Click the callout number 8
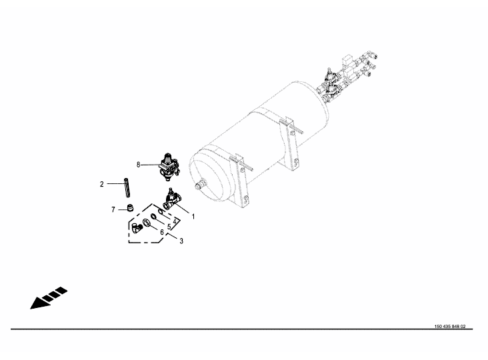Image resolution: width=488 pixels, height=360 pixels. click(138, 165)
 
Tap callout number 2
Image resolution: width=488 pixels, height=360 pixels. click(102, 184)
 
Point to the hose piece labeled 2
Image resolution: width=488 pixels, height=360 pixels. click(127, 187)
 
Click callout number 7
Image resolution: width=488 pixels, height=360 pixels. click(113, 210)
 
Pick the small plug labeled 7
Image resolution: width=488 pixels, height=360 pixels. click(131, 207)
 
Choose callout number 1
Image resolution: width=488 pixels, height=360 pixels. click(193, 217)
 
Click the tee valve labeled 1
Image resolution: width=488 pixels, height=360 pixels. click(173, 200)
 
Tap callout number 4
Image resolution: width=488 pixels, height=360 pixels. click(175, 221)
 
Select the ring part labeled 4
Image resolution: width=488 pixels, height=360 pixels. click(161, 212)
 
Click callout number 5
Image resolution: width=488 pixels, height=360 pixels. click(169, 227)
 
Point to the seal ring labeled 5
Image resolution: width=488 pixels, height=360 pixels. click(153, 217)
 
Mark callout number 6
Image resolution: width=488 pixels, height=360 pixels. click(162, 232)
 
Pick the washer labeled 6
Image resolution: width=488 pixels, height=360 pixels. click(146, 223)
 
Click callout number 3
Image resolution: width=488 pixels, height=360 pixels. click(181, 241)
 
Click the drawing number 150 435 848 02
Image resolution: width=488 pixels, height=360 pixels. click(450, 327)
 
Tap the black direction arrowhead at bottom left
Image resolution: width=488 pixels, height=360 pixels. click(39, 303)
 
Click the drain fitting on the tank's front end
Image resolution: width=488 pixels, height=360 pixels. click(199, 185)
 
